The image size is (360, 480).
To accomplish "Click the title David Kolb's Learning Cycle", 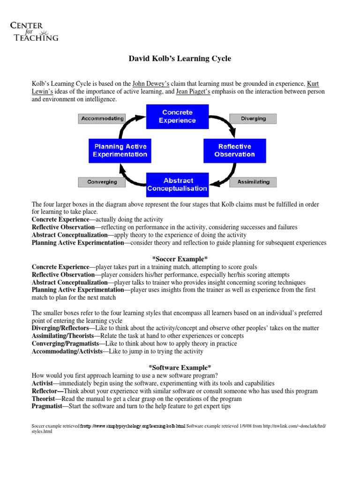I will click(180, 59).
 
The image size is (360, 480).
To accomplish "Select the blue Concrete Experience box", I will click(177, 116).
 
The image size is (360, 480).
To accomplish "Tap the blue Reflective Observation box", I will click(234, 150).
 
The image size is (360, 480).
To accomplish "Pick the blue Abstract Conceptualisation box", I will click(177, 185).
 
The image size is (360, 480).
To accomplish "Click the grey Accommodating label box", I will click(102, 119).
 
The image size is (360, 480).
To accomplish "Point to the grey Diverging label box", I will click(253, 119).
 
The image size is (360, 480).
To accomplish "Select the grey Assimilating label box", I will click(253, 182).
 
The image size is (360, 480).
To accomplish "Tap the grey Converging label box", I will click(102, 182).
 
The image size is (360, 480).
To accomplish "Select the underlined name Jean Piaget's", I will click(193, 92).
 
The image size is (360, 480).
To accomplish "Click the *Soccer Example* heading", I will click(180, 259).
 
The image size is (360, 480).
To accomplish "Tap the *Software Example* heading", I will click(180, 367).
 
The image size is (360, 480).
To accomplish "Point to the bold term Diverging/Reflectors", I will click(60, 328).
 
